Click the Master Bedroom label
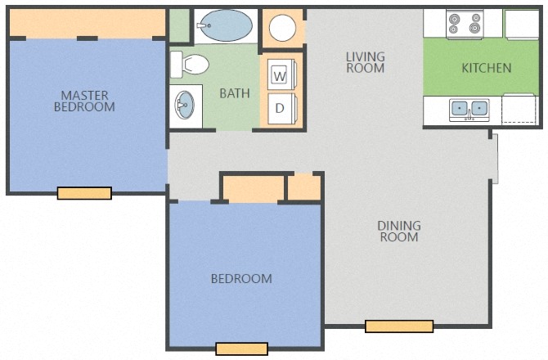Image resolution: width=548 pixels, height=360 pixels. (x=84, y=101)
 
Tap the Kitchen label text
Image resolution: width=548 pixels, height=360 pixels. (x=487, y=68)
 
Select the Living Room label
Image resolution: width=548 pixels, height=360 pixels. (x=366, y=62)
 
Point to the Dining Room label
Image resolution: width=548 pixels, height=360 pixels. (x=399, y=232)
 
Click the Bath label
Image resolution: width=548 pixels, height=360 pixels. (x=235, y=93)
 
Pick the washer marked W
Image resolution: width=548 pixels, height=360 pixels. (x=281, y=74)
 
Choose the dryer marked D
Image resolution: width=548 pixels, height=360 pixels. (x=281, y=108)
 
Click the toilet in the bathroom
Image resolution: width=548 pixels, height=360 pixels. (x=189, y=65)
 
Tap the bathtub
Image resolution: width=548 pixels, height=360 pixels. (x=224, y=25)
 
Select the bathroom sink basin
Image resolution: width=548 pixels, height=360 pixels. (x=185, y=105)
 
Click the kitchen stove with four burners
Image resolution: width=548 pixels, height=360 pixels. (x=465, y=24)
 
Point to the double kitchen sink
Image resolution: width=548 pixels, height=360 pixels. (x=469, y=110)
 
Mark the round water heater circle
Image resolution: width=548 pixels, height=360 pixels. (x=282, y=28)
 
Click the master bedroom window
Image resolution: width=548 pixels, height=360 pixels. (x=84, y=193)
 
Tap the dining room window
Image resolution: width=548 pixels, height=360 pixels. (x=399, y=326)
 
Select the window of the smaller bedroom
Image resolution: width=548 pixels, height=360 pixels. (x=242, y=349)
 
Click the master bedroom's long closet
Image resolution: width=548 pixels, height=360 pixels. (x=87, y=23)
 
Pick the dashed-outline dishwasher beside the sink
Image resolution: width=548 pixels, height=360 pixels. (x=519, y=109)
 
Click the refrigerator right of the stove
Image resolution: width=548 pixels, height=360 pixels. (x=522, y=24)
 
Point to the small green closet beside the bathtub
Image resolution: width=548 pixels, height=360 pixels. (x=179, y=25)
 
